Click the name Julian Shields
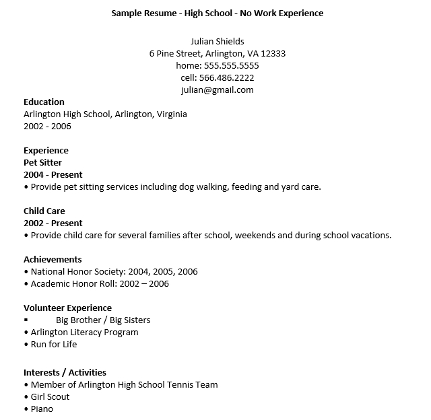[217, 42]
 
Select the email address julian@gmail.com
[217, 90]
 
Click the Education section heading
[44, 102]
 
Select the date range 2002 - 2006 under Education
[47, 127]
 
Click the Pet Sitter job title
[42, 163]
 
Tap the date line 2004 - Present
[53, 175]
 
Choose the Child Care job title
[44, 211]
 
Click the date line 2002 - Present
[53, 223]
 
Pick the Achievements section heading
[53, 260]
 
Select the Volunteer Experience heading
[67, 308]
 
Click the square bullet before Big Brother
[26, 320]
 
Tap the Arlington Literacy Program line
[84, 332]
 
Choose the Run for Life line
[54, 345]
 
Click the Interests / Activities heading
[65, 373]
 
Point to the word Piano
[42, 409]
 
